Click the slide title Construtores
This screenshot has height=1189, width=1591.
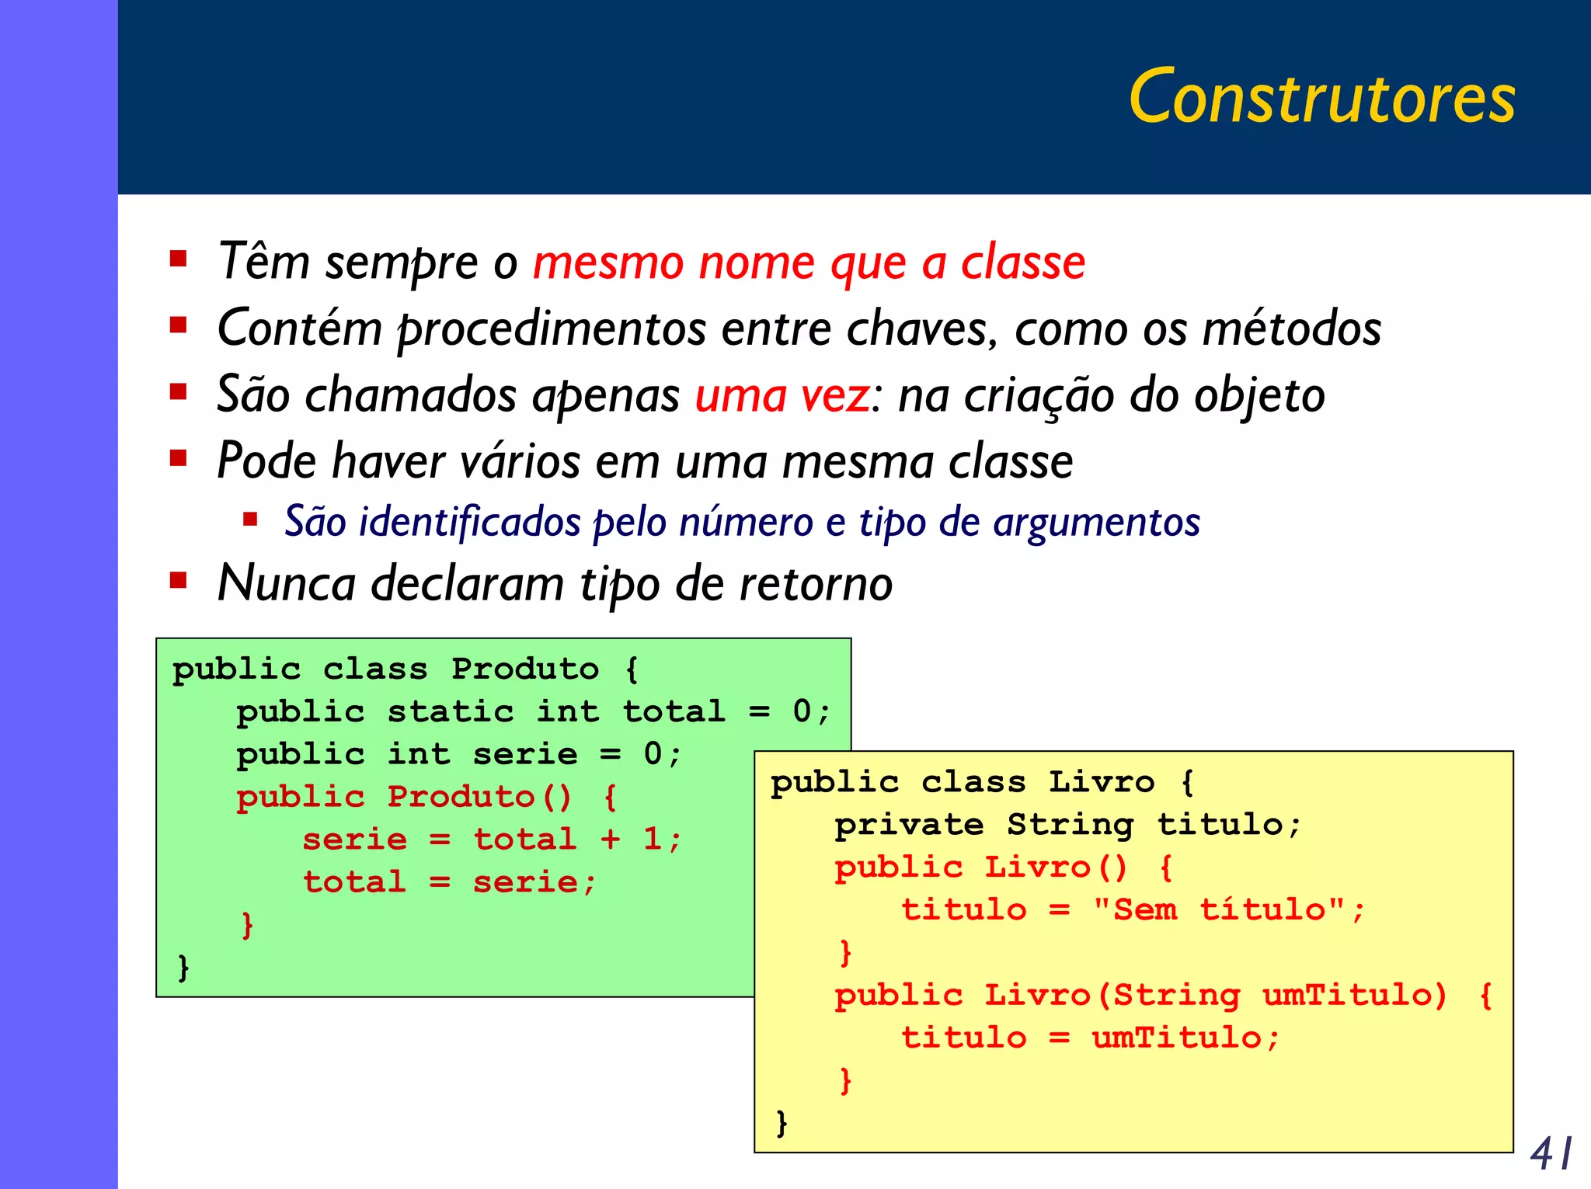[x=1321, y=97]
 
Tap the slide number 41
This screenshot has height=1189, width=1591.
[x=1551, y=1153]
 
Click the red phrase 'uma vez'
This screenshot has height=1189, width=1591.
[x=782, y=395]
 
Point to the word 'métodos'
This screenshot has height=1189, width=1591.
[x=1291, y=329]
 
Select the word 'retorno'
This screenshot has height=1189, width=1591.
[x=816, y=584]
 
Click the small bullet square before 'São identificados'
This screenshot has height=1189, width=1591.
[x=250, y=520]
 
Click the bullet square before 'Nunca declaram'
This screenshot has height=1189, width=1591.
[x=179, y=581]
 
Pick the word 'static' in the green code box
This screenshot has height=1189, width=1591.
[x=451, y=711]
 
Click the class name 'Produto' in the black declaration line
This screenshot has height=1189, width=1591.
[x=525, y=669]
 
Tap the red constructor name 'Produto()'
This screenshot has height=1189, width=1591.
[x=479, y=797]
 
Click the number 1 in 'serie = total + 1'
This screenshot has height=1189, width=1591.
[x=652, y=840]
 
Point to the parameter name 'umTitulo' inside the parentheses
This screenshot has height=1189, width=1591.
[x=1353, y=995]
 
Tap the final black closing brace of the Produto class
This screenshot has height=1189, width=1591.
[x=183, y=968]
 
